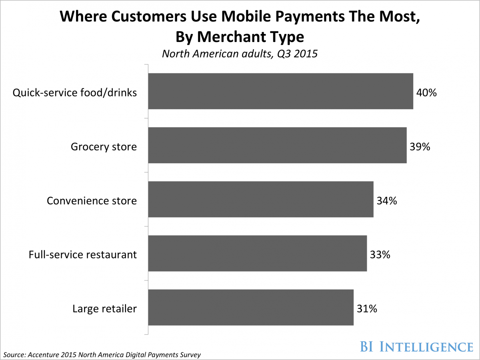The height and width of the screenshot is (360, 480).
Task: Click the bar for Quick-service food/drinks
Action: click(280, 91)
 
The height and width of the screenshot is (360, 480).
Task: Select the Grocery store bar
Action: click(277, 145)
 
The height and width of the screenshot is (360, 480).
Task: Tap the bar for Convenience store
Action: click(261, 199)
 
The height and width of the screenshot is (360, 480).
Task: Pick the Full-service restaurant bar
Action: click(257, 253)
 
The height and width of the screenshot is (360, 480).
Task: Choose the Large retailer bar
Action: click(251, 307)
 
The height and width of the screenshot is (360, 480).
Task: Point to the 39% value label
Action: click(420, 147)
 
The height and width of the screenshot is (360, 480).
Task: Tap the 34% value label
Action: click(387, 201)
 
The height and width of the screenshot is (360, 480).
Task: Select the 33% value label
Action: click(380, 255)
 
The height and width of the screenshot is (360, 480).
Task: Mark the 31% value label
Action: click(367, 309)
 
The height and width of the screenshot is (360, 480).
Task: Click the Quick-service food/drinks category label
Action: click(75, 93)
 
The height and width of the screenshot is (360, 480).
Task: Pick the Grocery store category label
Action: click(104, 147)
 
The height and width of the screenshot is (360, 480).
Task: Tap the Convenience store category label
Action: click(92, 201)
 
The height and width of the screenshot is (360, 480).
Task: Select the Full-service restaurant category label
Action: click(83, 255)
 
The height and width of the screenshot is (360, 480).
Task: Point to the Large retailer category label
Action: click(104, 309)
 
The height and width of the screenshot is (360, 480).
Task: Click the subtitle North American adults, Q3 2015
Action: click(240, 54)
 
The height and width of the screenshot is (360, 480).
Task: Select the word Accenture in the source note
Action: click(43, 354)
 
